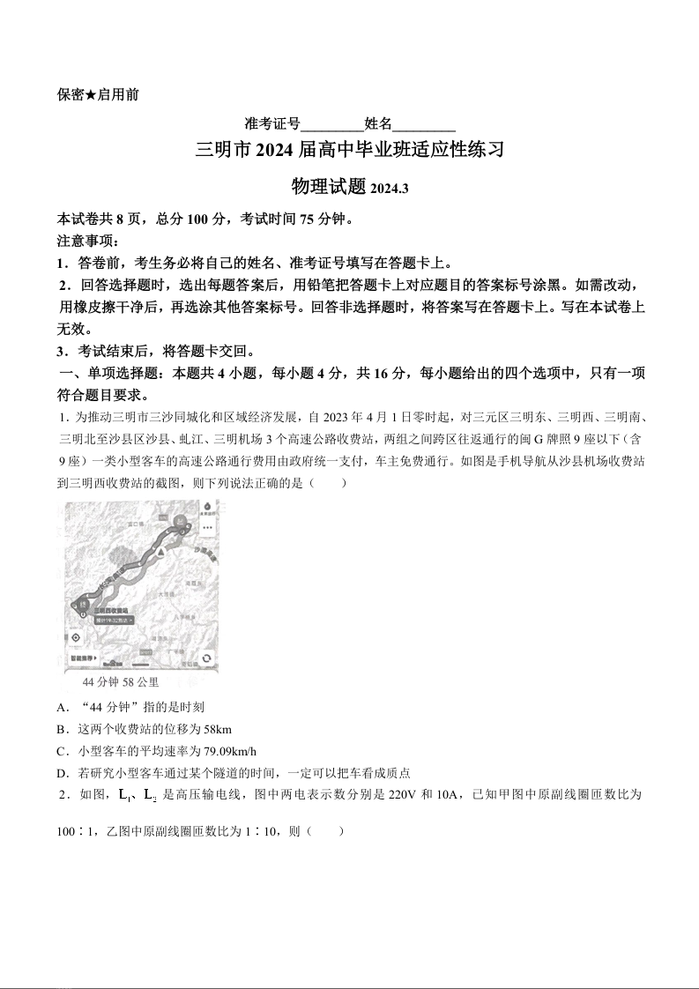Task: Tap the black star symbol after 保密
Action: coord(91,94)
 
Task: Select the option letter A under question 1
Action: coord(62,707)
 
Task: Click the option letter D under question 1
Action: coord(62,773)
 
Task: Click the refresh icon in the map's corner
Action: coord(206,658)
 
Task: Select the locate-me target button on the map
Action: coord(76,637)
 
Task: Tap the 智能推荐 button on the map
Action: coord(84,658)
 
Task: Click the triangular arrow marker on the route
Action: coord(160,549)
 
